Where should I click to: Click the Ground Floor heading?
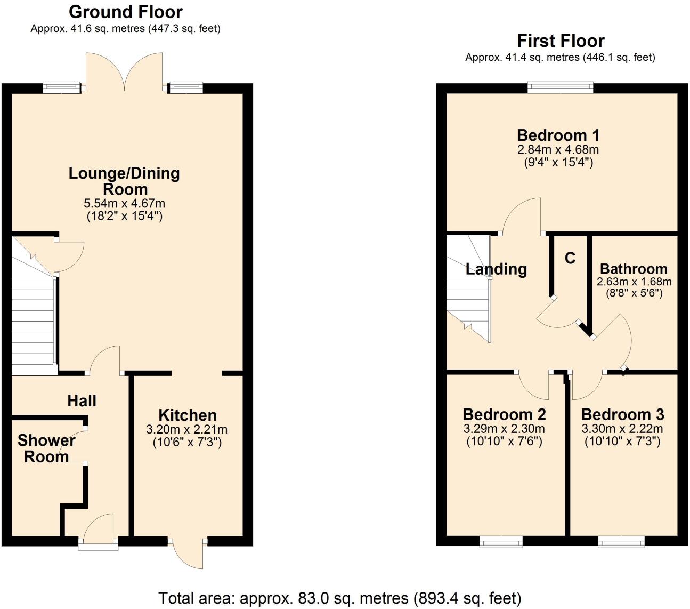click(x=126, y=12)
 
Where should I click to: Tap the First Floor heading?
click(x=561, y=41)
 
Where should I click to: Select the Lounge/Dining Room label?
click(x=124, y=181)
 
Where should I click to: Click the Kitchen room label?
click(x=188, y=415)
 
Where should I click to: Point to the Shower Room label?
click(x=46, y=448)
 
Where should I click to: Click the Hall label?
click(x=82, y=400)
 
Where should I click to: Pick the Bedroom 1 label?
click(x=558, y=135)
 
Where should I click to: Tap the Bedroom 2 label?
click(x=504, y=414)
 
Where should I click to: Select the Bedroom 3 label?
click(x=622, y=414)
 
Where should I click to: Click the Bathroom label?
click(x=634, y=268)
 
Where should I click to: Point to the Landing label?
click(x=496, y=269)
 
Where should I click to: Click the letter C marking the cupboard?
click(x=570, y=258)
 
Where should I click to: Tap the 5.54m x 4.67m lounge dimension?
click(x=124, y=203)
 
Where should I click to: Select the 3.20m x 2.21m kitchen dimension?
click(x=187, y=429)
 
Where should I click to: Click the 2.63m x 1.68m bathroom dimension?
click(x=634, y=282)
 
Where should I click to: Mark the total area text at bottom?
click(x=340, y=598)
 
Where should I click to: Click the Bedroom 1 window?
click(x=560, y=87)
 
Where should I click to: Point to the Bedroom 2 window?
click(x=501, y=542)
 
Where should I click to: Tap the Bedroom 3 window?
click(x=621, y=542)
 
